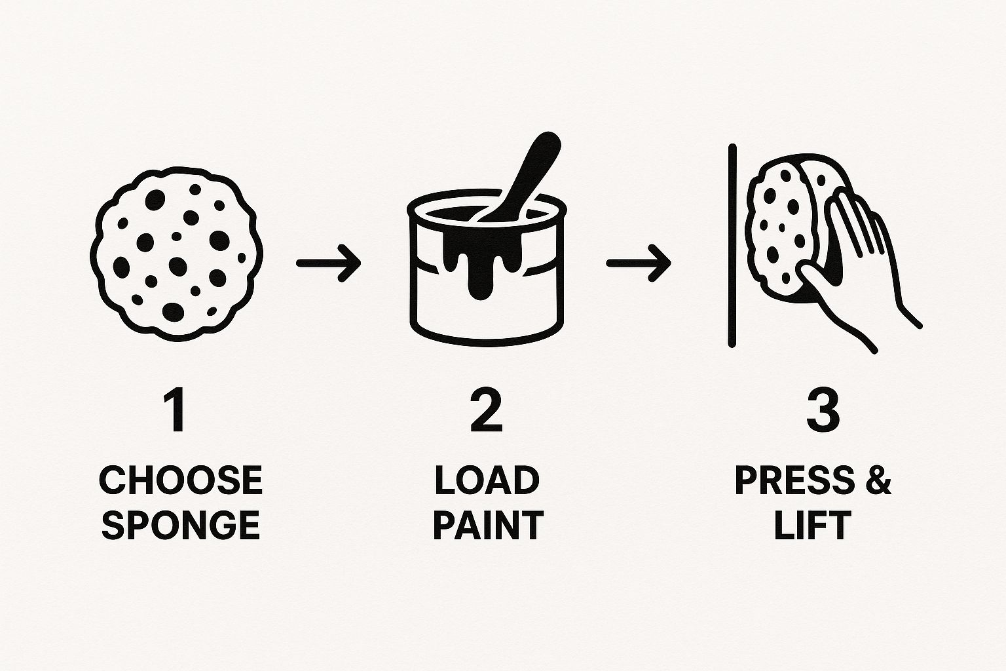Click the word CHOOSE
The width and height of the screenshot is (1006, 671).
pos(181,480)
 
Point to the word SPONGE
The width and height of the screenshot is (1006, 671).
pos(181,524)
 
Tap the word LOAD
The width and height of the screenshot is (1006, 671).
pos(487,480)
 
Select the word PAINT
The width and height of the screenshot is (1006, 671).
pos(488,524)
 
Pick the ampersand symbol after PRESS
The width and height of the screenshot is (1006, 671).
pos(878,480)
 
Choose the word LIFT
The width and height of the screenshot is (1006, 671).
pos(813,524)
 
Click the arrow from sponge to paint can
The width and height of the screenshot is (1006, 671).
pos(328,263)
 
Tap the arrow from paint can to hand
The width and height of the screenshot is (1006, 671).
pos(639,263)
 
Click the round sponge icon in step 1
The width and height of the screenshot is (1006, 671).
pos(176,254)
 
